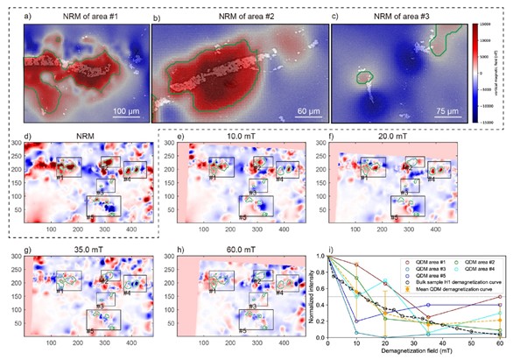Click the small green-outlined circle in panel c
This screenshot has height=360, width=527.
(x=363, y=78)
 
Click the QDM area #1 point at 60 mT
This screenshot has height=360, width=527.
(x=499, y=297)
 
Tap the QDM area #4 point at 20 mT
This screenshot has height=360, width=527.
(x=384, y=281)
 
